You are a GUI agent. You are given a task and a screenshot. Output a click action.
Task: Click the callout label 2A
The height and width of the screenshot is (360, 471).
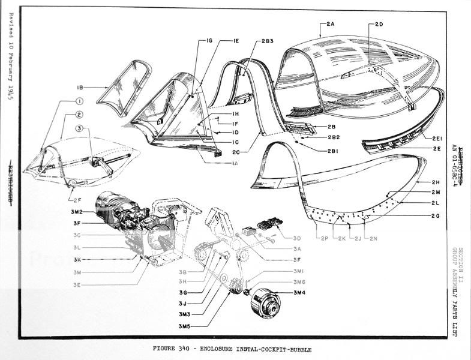click(331, 23)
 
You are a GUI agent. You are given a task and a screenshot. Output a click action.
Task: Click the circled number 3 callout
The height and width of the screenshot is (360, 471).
click(79, 128)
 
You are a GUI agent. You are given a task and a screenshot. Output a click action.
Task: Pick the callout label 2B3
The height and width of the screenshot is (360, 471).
click(268, 40)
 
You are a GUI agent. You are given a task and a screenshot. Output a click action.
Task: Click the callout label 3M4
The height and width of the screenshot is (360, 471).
click(299, 292)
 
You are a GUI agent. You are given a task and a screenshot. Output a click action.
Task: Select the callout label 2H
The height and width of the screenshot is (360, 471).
click(436, 182)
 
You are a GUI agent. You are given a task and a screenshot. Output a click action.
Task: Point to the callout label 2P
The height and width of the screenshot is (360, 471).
click(324, 239)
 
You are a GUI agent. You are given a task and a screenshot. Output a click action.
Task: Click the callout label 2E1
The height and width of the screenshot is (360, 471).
click(437, 138)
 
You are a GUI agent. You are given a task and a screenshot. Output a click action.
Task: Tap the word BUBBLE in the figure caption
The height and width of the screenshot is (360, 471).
click(296, 349)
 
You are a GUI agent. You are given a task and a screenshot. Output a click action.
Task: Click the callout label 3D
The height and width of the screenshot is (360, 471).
click(298, 238)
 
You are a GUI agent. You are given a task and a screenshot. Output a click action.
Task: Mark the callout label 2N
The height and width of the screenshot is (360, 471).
click(373, 239)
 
